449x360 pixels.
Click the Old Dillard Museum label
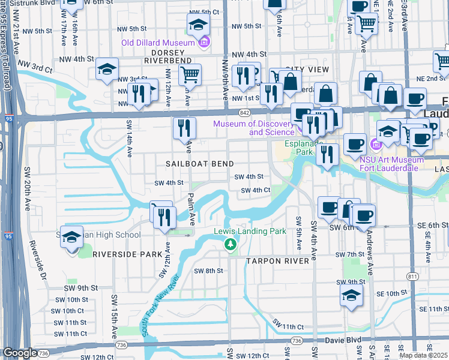pyautogui.click(x=158, y=43)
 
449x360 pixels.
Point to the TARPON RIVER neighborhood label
pyautogui.click(x=277, y=261)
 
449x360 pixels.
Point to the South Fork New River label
pyautogui.click(x=156, y=306)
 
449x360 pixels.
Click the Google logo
pyautogui.click(x=20, y=353)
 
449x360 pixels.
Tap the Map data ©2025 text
pyautogui.click(x=424, y=355)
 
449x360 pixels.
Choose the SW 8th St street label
pyautogui.click(x=208, y=271)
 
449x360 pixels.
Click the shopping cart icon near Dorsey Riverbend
pyautogui.click(x=190, y=75)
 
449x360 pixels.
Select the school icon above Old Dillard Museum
pyautogui.click(x=198, y=25)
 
